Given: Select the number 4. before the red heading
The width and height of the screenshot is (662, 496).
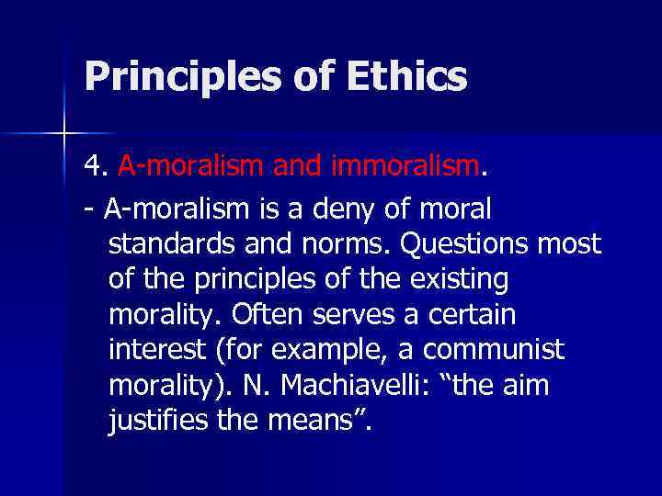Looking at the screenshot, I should click(96, 168).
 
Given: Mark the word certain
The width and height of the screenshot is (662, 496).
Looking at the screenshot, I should click(471, 315).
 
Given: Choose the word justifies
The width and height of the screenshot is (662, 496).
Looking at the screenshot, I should click(160, 421).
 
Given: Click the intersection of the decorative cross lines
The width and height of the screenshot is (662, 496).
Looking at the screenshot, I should click(63, 134).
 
